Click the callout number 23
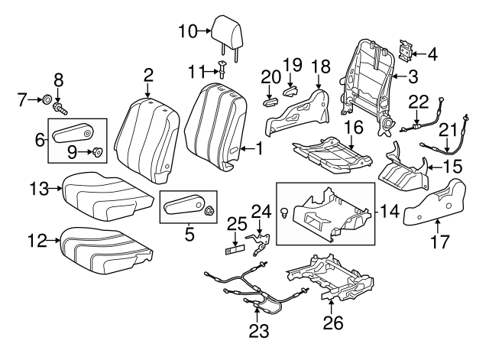[x=258, y=332]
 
